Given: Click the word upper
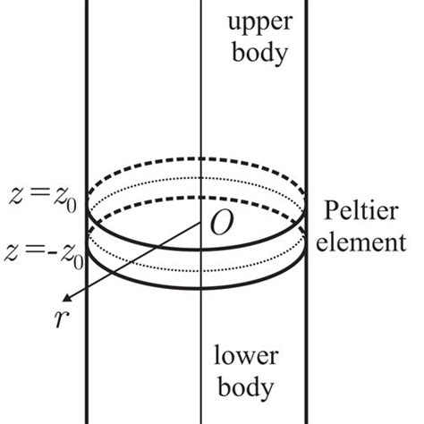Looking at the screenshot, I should [x=258, y=21].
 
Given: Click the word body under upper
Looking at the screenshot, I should [x=258, y=53].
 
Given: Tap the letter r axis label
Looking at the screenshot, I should [x=58, y=324].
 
